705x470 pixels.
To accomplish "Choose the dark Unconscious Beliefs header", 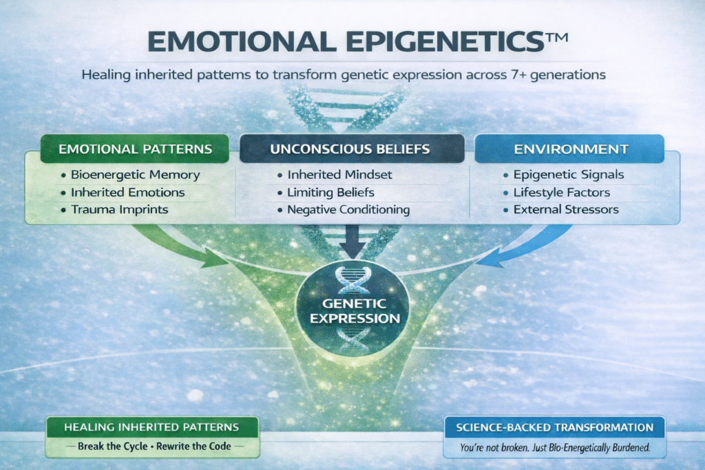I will [352, 149].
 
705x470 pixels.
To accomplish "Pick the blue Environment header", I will [569, 149].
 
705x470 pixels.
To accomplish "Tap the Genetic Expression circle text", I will [352, 312].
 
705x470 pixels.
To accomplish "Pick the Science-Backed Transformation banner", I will [554, 427].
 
